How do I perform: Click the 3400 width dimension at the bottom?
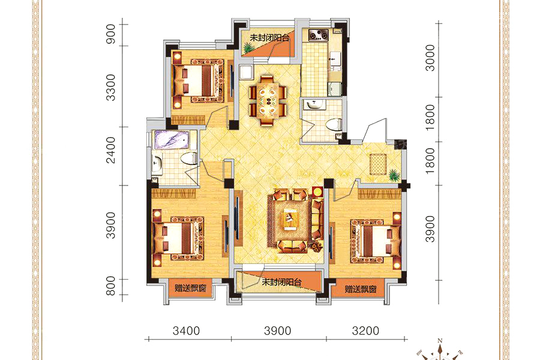pos(186,331)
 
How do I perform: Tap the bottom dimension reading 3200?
pos(365,331)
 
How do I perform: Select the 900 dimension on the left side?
pos(110,34)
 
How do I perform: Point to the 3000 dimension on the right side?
pos(430,58)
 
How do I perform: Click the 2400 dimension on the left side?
pos(110,150)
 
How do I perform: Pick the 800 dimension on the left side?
pos(110,286)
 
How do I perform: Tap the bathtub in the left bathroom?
pos(171,140)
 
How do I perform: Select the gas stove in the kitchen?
pos(318,35)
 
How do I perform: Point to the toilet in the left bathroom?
pos(189,158)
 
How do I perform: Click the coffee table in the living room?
pos(289,220)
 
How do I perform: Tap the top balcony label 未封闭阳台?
pos(269,38)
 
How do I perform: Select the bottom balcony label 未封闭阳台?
pos(282,282)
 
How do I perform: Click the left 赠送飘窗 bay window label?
pos(190,287)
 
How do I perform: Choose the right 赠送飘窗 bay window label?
pos(361,289)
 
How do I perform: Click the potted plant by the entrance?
pos(394,175)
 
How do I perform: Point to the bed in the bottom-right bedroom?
pos(376,240)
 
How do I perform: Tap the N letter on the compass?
pos(440,341)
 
